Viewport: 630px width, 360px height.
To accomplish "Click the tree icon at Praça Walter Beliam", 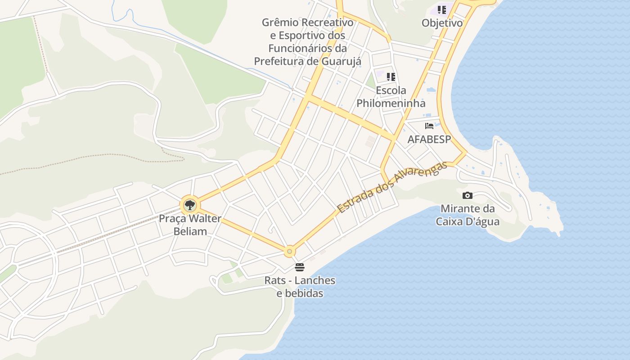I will pos(190,205).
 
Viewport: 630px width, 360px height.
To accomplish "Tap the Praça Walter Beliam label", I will pos(190,225).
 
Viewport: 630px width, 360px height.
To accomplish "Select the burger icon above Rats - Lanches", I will pos(300,267).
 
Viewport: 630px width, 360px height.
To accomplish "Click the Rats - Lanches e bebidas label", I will pos(300,287).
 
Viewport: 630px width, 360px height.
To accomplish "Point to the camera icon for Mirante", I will pos(468,195).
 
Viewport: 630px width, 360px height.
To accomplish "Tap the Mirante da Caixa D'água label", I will pos(468,215).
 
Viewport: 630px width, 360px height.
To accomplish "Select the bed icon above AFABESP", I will pos(429,126).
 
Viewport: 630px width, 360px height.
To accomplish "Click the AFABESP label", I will pos(429,139).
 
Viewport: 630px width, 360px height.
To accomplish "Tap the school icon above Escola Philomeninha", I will pos(391,77).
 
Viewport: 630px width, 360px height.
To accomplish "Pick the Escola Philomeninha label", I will pos(391,97).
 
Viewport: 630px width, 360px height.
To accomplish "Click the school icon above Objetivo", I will pos(442,9).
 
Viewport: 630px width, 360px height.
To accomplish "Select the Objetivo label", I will pos(442,22).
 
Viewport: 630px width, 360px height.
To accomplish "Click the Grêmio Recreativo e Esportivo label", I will pos(308,41).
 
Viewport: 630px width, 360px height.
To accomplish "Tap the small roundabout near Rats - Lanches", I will pos(289,251).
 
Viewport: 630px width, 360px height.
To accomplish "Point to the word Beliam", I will pos(190,232).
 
